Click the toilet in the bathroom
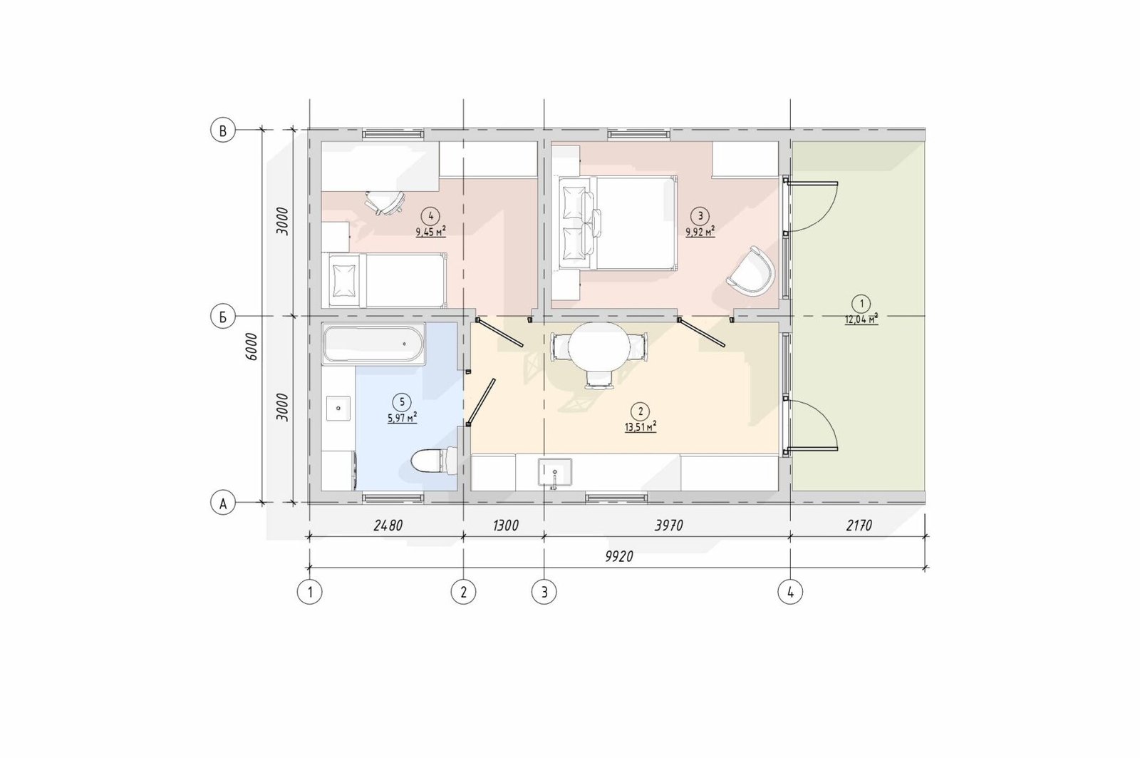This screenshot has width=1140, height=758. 434,461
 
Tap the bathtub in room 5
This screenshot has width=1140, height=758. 373,344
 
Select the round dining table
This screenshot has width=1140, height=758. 599,347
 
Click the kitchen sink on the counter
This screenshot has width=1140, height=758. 555,472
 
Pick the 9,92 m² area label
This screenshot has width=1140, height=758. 700,232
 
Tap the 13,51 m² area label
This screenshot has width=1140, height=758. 641,427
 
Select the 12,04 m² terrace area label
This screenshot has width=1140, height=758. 861,319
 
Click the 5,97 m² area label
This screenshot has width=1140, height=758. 402,419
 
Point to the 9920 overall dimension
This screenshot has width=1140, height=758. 619,556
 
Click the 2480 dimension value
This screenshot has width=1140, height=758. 388,526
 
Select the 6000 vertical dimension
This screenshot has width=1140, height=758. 252,347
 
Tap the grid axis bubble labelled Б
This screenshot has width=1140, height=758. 223,317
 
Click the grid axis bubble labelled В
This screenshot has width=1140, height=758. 223,131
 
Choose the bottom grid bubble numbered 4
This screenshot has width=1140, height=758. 790,592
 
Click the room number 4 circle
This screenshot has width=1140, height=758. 431,216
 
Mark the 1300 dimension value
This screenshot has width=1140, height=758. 506,526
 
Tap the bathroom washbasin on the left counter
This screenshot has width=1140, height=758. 338,408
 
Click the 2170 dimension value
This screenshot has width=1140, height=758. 859,526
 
